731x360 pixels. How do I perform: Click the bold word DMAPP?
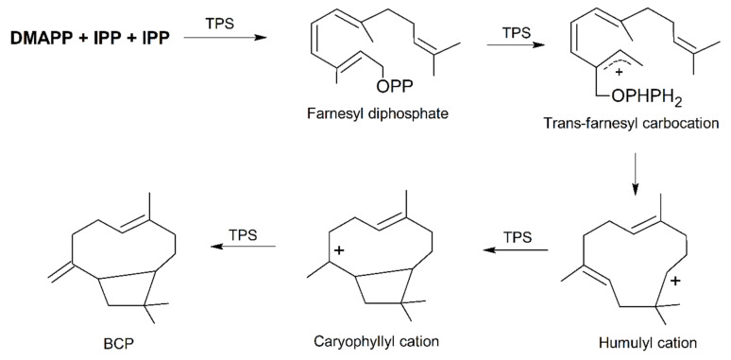[x=37, y=39]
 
